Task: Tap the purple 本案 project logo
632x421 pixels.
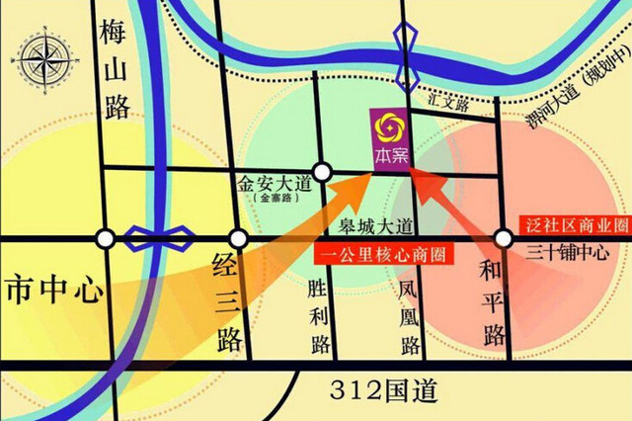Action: tap(387, 138)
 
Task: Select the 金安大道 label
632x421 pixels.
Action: tap(274, 183)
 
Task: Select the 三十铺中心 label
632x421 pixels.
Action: tap(567, 252)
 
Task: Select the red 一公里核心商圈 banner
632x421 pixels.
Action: tap(380, 254)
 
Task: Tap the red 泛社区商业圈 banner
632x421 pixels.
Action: tap(574, 224)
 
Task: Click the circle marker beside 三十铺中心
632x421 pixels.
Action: tap(504, 238)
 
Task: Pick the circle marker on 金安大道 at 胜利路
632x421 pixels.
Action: tap(320, 169)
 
